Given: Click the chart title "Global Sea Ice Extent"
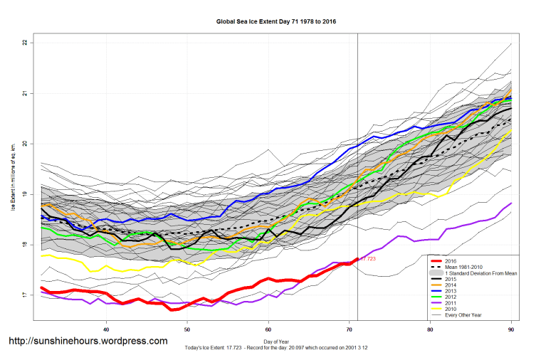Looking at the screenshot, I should coord(276,22).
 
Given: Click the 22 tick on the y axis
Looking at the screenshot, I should coord(24,43).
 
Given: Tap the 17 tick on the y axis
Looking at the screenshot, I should coord(24,295).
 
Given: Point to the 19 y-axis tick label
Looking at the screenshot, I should coord(24,194).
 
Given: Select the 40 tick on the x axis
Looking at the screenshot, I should coord(106,330).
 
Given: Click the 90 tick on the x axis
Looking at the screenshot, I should coord(511,330).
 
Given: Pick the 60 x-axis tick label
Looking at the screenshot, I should coord(268,330).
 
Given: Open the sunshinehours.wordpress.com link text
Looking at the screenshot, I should coord(88,342).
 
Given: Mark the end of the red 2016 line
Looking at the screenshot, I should coord(357,259).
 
